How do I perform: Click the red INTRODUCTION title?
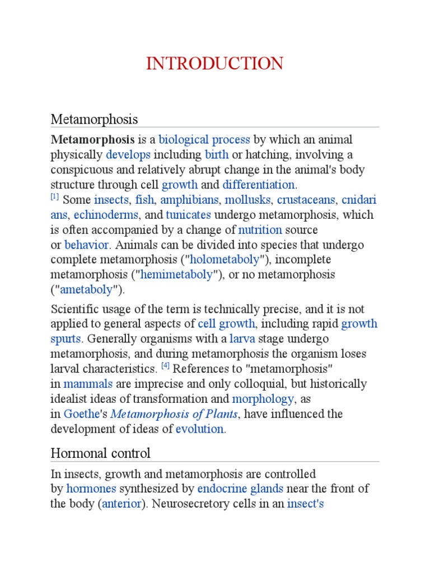214,64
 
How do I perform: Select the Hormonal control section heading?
100,453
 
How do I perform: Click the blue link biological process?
204,139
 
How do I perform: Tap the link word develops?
128,154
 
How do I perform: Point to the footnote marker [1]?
55,196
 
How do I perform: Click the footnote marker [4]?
165,366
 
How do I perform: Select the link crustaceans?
306,200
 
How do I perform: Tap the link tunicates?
188,215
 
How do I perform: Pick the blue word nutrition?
260,230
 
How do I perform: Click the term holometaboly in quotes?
226,260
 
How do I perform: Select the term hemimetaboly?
177,275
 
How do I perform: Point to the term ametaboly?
86,290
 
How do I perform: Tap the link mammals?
88,384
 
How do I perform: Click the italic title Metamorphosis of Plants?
175,414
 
